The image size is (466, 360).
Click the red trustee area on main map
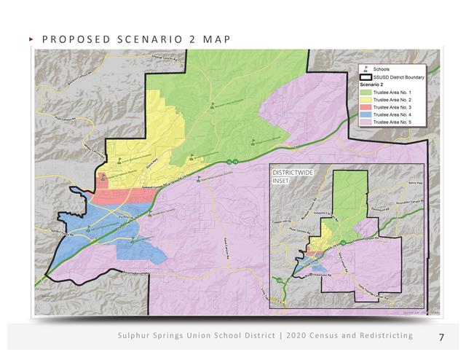(120, 195)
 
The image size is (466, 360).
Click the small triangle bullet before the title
(30, 38)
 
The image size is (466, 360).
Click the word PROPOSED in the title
(64, 38)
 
